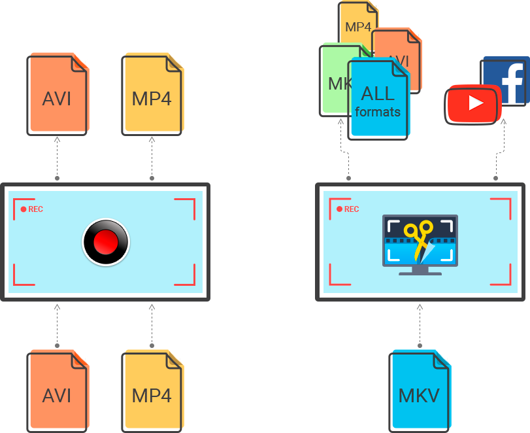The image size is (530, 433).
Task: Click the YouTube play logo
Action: (x=472, y=103)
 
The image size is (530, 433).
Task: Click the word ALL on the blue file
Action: (x=378, y=93)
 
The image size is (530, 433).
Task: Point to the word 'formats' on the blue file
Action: (x=378, y=111)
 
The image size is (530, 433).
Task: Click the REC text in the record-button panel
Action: (x=35, y=209)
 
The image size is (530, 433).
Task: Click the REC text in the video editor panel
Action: (x=351, y=209)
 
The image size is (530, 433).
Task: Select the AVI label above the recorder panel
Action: (x=56, y=99)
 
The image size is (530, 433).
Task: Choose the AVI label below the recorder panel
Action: (x=56, y=395)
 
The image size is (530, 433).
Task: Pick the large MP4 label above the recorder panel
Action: (x=152, y=99)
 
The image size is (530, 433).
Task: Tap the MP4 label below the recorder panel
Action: (x=152, y=395)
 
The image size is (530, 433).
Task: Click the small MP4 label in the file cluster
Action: (x=358, y=27)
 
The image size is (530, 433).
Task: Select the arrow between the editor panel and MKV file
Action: (x=420, y=324)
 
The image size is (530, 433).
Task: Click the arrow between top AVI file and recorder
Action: (x=57, y=158)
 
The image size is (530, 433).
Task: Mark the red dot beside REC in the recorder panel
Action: (x=24, y=209)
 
